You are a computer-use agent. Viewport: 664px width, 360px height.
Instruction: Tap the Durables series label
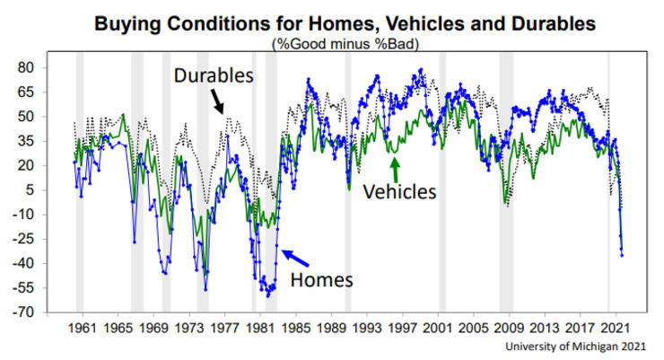pos(214,75)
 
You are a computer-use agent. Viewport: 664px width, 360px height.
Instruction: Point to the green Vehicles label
pos(399,191)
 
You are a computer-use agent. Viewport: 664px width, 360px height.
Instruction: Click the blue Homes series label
pos(322,279)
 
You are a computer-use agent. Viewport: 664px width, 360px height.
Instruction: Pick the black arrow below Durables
pos(219,105)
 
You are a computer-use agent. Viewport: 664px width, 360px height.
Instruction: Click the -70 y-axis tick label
pos(47,312)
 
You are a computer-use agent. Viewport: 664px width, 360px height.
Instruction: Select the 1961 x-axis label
pos(83,329)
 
